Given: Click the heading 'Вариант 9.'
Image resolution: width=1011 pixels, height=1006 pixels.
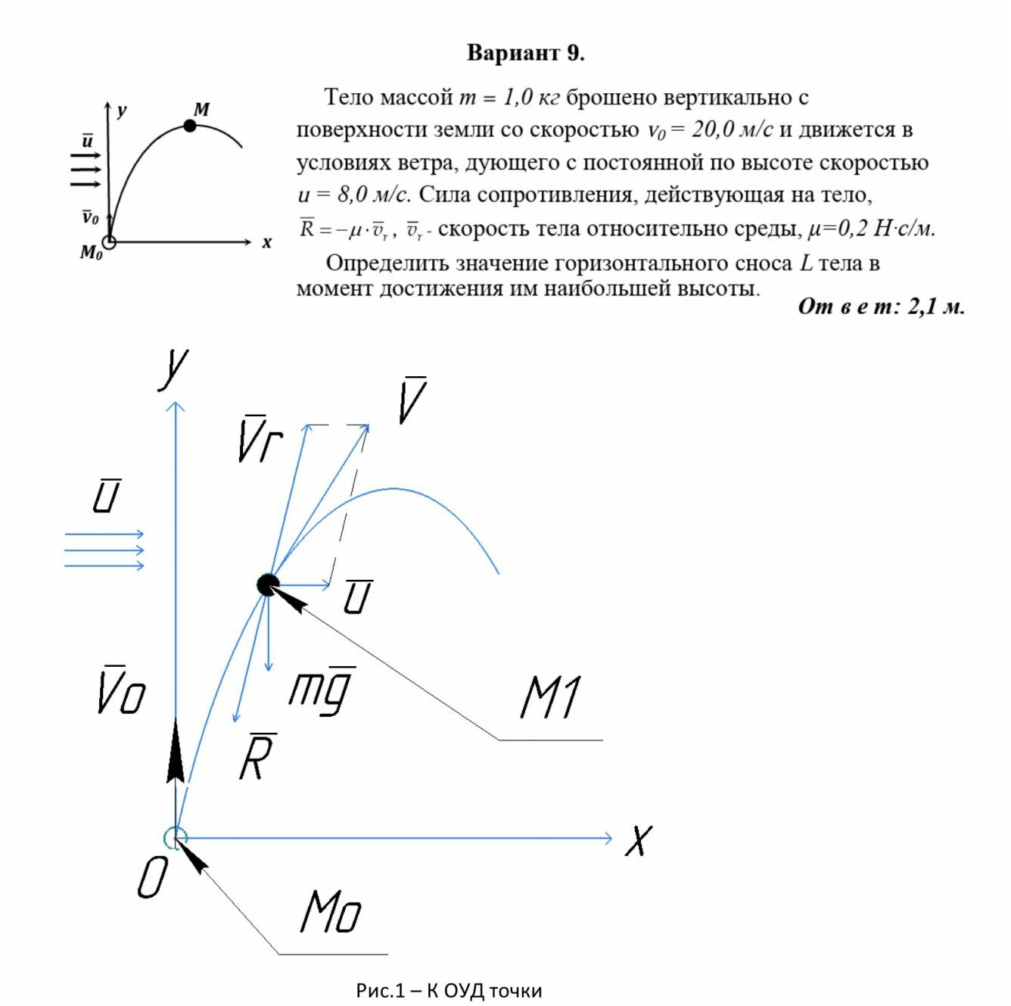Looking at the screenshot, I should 525,53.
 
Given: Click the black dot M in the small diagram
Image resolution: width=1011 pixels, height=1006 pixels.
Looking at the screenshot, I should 190,126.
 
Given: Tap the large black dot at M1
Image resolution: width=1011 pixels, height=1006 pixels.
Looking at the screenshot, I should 268,584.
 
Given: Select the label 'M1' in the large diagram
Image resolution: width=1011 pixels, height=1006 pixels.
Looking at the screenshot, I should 551,697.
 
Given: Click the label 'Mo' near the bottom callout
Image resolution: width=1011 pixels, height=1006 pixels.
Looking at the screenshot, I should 331,911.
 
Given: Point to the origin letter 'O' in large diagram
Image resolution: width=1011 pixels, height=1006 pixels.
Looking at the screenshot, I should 152,879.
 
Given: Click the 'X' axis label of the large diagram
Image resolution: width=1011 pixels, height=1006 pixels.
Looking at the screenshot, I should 639,840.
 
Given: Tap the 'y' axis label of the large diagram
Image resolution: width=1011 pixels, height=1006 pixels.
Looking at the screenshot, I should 175,367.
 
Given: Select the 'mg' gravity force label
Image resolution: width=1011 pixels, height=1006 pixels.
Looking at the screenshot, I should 322,690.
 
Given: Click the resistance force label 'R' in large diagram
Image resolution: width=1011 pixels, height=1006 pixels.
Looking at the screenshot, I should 257,757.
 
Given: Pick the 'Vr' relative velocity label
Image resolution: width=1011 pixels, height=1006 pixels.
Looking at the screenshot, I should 260,439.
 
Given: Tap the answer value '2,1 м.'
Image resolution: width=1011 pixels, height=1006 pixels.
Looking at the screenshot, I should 936,307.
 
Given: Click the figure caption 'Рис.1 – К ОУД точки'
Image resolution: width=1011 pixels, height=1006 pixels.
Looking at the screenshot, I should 449,990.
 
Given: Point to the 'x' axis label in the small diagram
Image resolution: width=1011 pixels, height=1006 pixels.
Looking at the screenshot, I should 266,243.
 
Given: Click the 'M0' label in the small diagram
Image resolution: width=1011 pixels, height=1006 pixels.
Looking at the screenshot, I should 91,253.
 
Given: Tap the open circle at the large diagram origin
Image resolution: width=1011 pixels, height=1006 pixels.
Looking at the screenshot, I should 176,837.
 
